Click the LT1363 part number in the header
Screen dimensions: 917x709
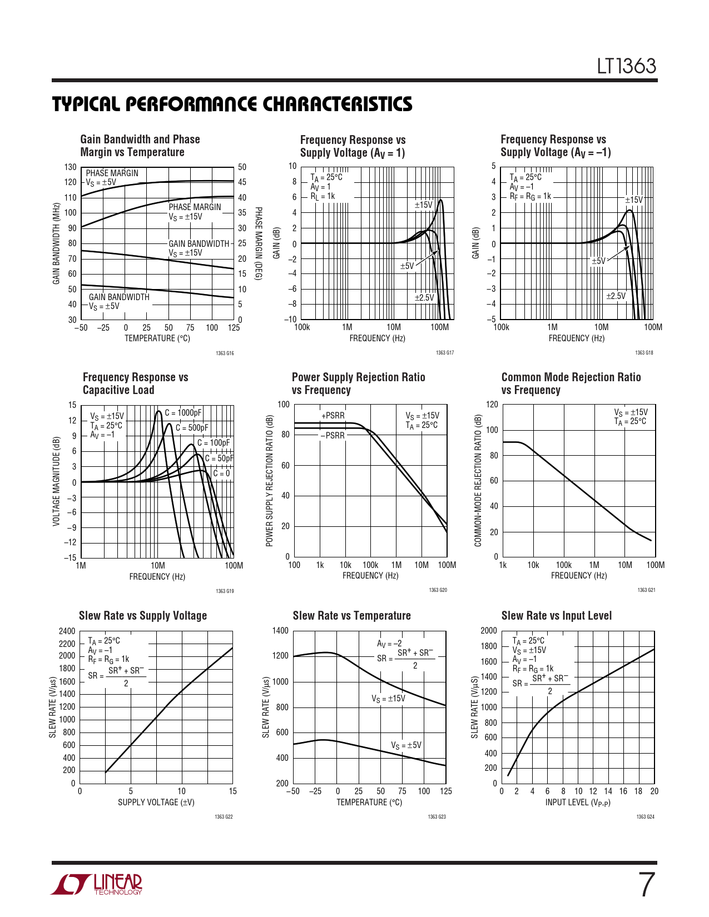tap(627, 66)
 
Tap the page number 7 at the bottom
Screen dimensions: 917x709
tap(646, 885)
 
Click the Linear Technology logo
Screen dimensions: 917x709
tap(97, 884)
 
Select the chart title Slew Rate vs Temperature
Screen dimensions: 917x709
tap(351, 616)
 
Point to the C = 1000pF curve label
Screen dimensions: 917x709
tap(183, 413)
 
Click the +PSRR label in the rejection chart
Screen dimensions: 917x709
tap(333, 416)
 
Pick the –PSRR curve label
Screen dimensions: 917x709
tap(333, 436)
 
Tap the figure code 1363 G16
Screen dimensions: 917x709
tap(225, 353)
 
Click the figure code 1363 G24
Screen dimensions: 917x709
tap(645, 817)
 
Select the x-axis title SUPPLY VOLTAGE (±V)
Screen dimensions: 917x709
tap(156, 803)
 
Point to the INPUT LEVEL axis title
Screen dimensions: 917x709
tap(578, 803)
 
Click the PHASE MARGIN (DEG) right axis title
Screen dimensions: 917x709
tap(258, 243)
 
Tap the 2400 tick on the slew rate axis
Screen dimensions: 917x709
tap(67, 631)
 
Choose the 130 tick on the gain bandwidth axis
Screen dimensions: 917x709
tap(70, 167)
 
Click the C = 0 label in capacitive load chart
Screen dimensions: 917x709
tap(221, 474)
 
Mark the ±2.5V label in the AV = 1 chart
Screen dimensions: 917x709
tap(424, 298)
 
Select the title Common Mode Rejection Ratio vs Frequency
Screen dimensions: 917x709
tap(571, 383)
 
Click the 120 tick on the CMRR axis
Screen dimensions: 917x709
tap(492, 405)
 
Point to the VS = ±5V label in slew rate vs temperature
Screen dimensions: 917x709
tap(406, 746)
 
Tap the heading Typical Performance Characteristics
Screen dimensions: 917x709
tap(232, 104)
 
